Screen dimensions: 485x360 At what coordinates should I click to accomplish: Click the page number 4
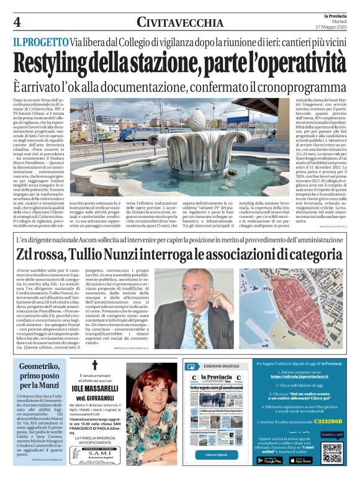[x=17, y=22]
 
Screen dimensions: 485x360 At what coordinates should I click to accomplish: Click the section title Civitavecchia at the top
[x=180, y=23]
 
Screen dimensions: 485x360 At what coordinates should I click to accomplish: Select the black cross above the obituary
[x=95, y=366]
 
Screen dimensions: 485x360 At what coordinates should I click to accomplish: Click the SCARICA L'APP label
[x=332, y=435]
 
